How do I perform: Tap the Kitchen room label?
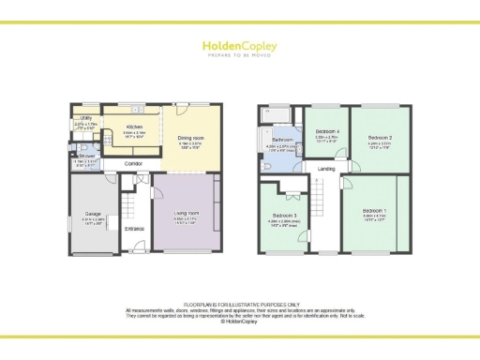pyautogui.click(x=134, y=126)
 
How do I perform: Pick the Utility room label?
pyautogui.click(x=84, y=118)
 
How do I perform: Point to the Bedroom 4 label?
pyautogui.click(x=325, y=130)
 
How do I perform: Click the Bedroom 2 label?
pyautogui.click(x=379, y=138)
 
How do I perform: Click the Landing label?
pyautogui.click(x=326, y=169)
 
